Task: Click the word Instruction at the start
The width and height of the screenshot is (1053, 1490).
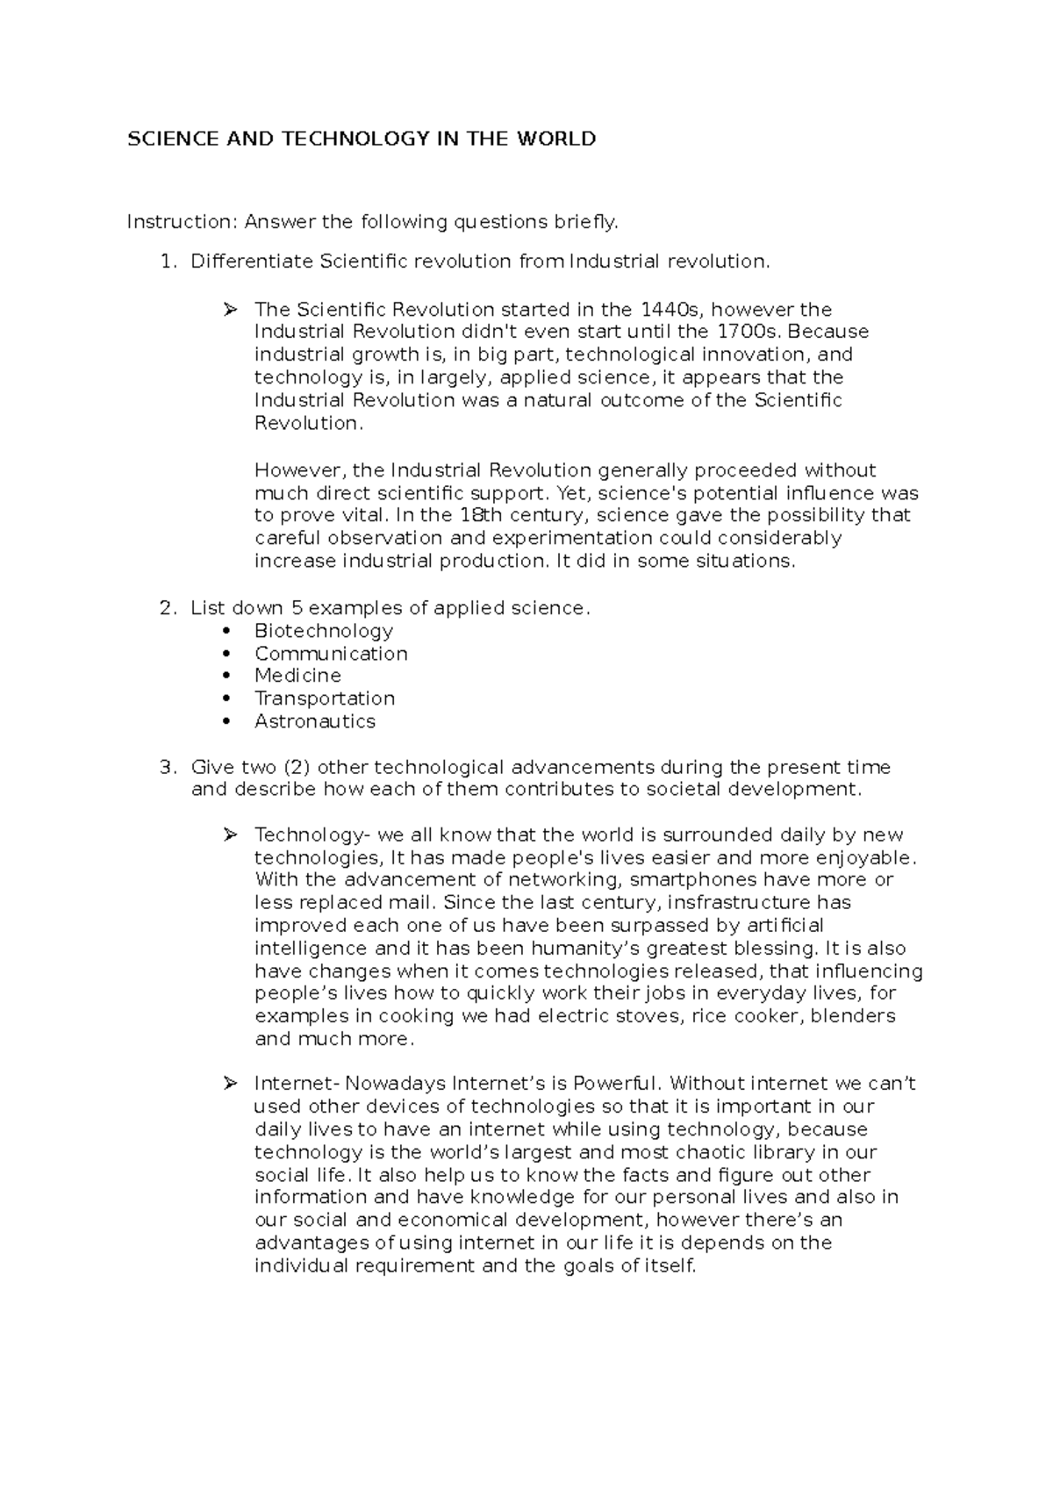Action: coord(182,222)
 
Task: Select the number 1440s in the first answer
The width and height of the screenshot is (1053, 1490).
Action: coord(672,310)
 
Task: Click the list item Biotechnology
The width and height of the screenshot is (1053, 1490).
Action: coord(324,631)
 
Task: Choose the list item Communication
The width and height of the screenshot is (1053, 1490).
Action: coord(331,654)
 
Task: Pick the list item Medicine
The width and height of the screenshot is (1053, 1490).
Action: coord(297,676)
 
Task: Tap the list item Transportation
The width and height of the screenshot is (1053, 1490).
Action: coord(325,698)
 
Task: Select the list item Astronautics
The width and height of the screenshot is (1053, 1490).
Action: coord(315,721)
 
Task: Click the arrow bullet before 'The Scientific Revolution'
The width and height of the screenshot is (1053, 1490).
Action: coord(230,310)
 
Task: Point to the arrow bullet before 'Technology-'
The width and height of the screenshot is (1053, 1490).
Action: coord(230,835)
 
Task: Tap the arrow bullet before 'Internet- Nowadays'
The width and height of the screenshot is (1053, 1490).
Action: coord(230,1084)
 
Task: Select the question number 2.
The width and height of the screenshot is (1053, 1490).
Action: coord(167,608)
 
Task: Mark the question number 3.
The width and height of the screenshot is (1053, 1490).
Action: coord(167,768)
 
